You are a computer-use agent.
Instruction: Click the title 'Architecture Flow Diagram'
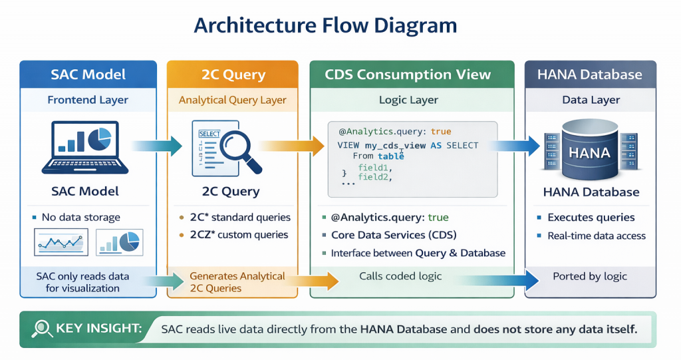(325, 25)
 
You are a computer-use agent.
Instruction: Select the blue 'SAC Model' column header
(88, 74)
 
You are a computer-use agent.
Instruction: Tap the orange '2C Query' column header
(233, 74)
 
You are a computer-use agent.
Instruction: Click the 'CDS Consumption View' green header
(408, 74)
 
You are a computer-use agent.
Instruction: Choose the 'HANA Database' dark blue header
(590, 74)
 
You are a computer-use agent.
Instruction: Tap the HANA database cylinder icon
(590, 150)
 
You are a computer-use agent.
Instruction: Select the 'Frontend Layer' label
(88, 100)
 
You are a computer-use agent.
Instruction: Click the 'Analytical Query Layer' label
(233, 100)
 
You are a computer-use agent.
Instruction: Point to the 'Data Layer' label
(591, 100)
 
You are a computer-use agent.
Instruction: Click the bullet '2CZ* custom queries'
(239, 234)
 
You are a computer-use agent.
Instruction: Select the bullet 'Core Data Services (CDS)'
(394, 235)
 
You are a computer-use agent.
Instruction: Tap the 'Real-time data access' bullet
(596, 236)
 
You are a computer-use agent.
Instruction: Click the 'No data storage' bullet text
(80, 217)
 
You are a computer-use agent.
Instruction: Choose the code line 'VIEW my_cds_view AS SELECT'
(408, 145)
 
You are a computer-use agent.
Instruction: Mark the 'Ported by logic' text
(590, 276)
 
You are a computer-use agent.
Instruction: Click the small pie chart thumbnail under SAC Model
(120, 242)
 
